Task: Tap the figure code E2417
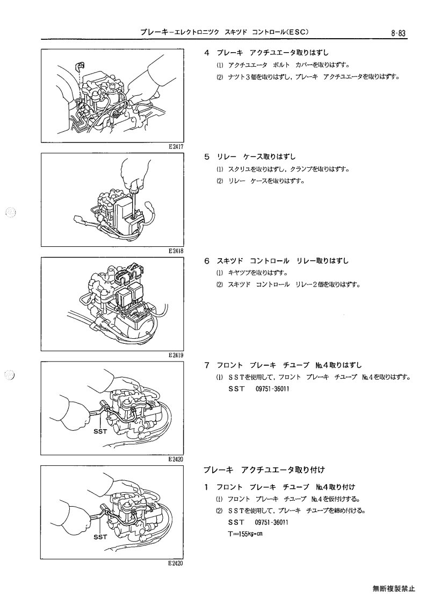tap(176, 147)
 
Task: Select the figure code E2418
tap(176, 251)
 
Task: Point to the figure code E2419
tap(176, 355)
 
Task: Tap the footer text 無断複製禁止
tap(394, 588)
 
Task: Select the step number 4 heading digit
tap(207, 53)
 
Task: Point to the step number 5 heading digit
tap(207, 157)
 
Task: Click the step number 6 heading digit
tap(207, 261)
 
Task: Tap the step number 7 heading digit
tap(207, 365)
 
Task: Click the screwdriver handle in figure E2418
tap(134, 189)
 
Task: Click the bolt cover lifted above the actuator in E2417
tap(80, 66)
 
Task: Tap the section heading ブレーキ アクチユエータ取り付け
tap(264, 470)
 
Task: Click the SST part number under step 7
tap(272, 389)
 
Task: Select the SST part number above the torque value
tap(271, 522)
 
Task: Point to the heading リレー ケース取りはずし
tap(256, 157)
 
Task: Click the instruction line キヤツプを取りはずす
tap(258, 273)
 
